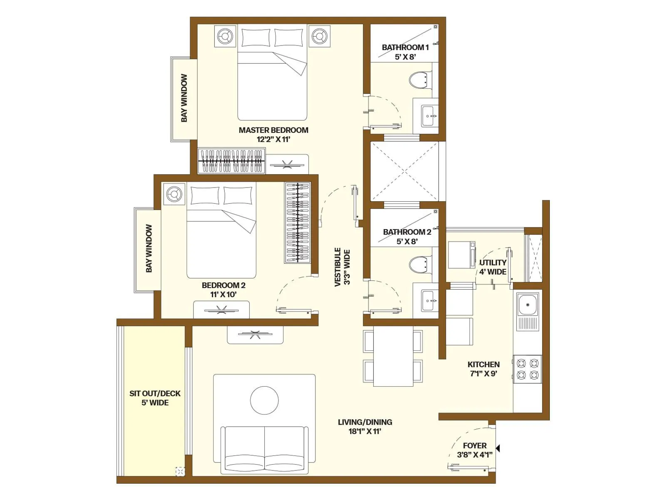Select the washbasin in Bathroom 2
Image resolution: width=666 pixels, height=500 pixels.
click(429, 300)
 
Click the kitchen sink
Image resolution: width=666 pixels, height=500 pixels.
click(527, 305)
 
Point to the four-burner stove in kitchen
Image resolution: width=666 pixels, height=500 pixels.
click(527, 369)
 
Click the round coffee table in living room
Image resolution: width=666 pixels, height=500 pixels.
click(264, 400)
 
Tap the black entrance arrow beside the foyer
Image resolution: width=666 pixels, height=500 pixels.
click(497, 448)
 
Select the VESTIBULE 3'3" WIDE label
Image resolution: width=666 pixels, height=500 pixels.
click(343, 267)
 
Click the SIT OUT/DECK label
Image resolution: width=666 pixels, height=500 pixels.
click(155, 398)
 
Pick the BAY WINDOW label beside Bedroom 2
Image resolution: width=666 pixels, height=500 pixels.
click(149, 249)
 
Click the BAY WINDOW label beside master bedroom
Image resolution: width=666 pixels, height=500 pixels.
click(184, 98)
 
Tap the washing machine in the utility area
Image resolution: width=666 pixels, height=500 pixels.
click(462, 254)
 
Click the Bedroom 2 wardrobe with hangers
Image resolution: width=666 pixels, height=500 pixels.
click(298, 222)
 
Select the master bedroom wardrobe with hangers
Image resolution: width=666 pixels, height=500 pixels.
click(231, 161)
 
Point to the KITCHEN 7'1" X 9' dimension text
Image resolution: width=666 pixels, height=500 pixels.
click(483, 374)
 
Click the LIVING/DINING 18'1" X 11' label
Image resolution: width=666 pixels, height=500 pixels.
click(365, 427)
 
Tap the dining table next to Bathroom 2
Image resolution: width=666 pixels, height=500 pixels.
click(393, 356)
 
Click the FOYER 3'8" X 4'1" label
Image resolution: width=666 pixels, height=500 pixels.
click(475, 450)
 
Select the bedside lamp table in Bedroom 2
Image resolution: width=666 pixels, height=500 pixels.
click(174, 194)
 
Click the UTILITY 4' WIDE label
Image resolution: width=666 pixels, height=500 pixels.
click(493, 267)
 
